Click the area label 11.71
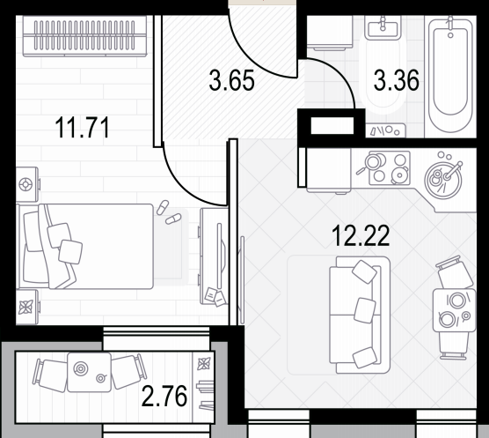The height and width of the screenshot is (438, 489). click(83, 128)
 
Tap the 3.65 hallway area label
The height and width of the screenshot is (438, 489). click(231, 80)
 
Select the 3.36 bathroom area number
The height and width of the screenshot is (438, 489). click(397, 80)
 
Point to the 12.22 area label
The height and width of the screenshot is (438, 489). click(361, 236)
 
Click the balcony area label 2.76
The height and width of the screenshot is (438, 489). click(164, 396)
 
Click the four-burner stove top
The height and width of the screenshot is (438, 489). click(390, 168)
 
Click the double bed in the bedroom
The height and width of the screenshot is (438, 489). click(84, 247)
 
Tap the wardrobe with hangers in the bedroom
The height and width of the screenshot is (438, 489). click(84, 36)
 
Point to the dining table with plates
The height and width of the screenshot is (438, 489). click(455, 310)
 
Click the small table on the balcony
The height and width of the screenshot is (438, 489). click(89, 373)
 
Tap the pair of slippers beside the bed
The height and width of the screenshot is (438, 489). click(168, 212)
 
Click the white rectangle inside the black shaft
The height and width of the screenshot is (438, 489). click(332, 126)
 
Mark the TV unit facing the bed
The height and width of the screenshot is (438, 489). click(214, 256)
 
